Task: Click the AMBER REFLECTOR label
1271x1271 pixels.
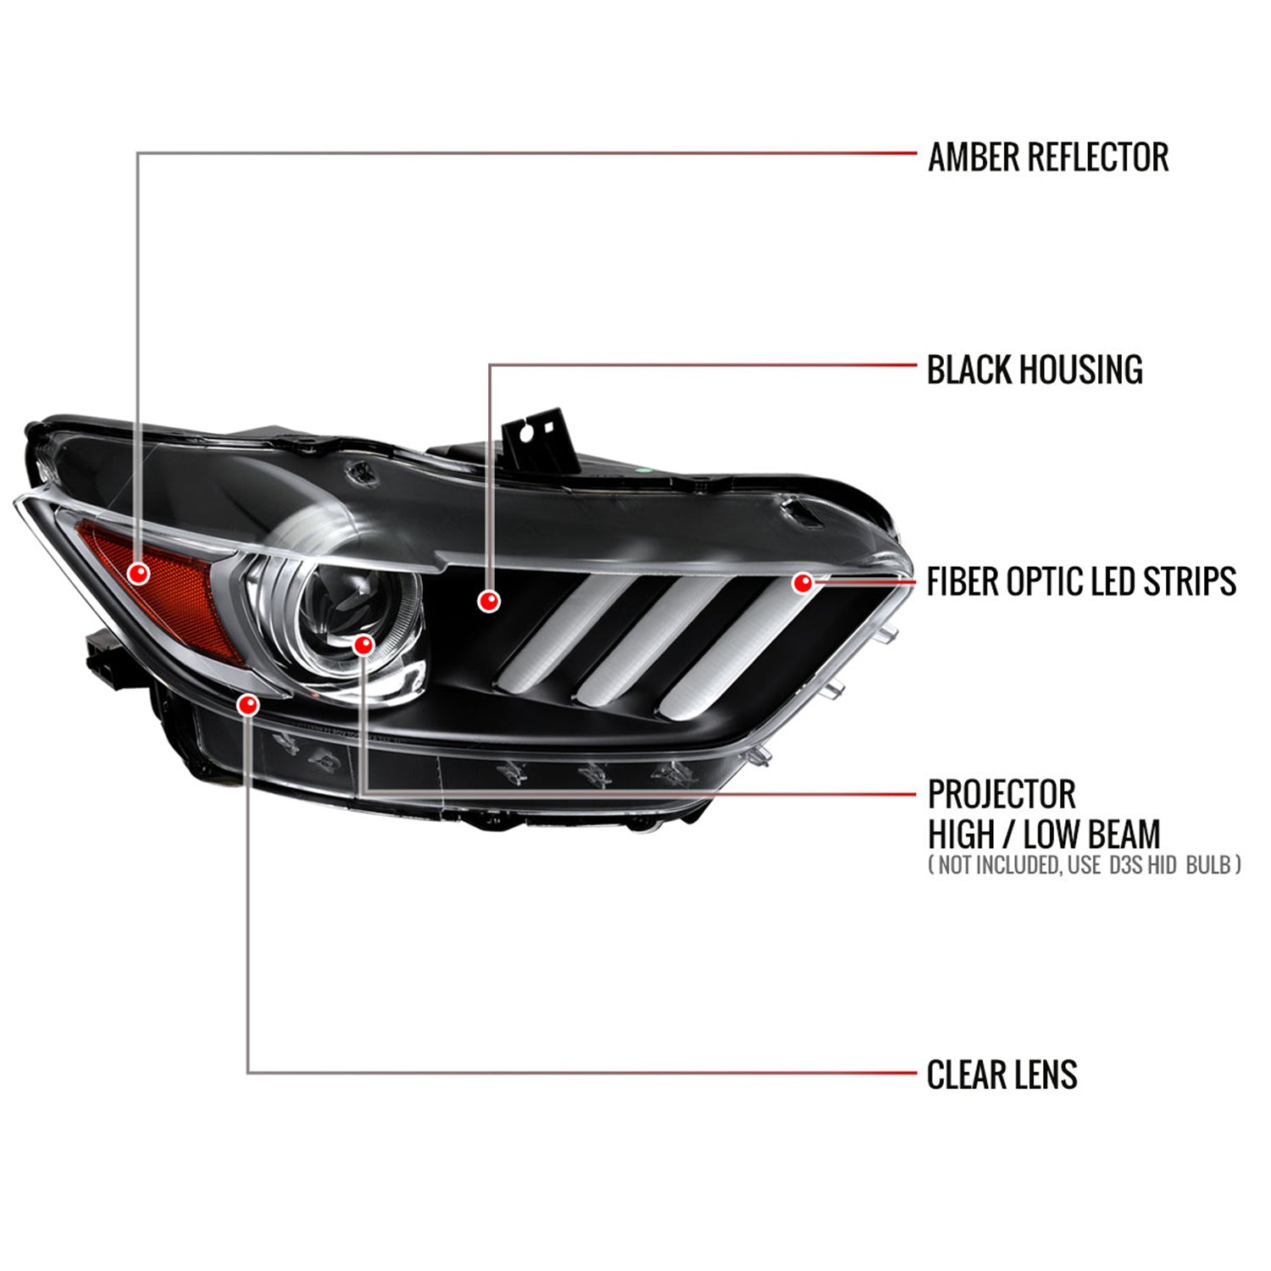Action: [1048, 158]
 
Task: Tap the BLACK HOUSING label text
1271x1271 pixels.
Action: [1035, 370]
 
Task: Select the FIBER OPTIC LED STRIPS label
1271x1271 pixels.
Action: [1081, 582]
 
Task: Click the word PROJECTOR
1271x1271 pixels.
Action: [1002, 795]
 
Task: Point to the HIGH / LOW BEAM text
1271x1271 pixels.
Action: [1044, 835]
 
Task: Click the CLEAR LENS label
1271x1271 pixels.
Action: [1002, 1074]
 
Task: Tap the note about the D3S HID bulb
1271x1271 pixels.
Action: [1085, 864]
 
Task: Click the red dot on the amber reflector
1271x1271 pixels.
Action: [138, 574]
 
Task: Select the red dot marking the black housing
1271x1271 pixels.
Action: [488, 601]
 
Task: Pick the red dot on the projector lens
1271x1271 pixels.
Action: [364, 645]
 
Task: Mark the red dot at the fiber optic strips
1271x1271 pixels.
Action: [802, 582]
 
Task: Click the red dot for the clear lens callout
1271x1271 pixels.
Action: [247, 704]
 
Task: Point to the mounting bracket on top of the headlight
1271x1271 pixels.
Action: [541, 441]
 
